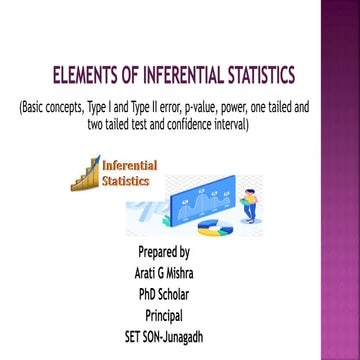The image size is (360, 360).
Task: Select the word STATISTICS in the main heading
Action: pyautogui.click(x=253, y=75)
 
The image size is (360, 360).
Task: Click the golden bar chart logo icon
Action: pyautogui.click(x=85, y=173)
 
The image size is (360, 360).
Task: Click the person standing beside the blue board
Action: pyautogui.click(x=249, y=207)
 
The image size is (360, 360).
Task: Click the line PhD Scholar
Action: pyautogui.click(x=164, y=294)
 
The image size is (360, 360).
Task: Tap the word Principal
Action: pyautogui.click(x=164, y=315)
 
